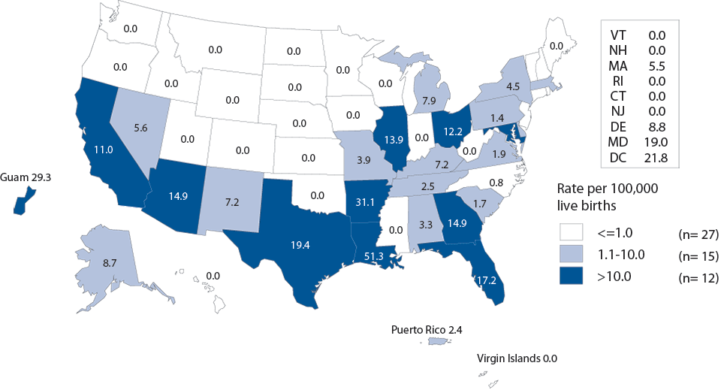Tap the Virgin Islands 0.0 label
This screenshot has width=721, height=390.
point(517,359)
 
